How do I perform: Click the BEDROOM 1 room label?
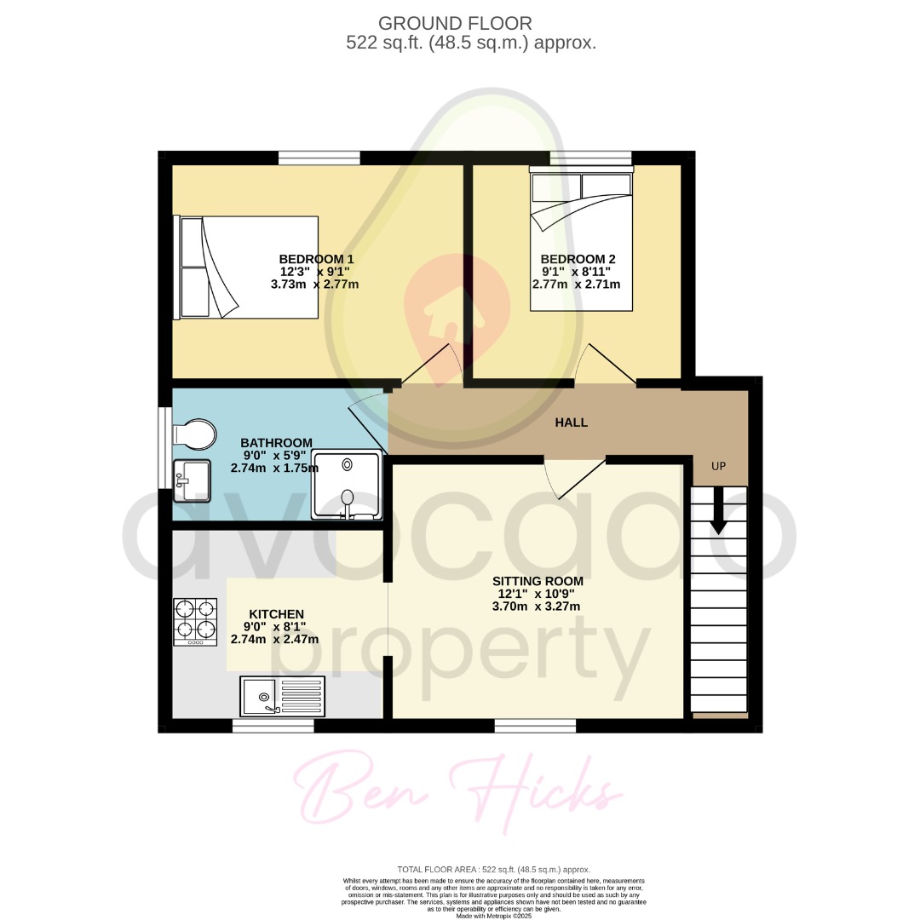316,259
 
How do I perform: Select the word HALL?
572,423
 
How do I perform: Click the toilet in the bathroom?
195,434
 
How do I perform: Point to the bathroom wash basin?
192,479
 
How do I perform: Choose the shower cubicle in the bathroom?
347,485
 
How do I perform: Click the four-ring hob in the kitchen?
195,621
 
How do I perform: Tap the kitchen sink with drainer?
283,696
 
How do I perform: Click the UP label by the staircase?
719,467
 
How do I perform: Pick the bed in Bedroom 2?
581,240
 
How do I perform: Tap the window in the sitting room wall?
535,726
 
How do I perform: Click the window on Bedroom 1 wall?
319,158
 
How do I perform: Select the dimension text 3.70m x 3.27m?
536,607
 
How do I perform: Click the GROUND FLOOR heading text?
455,23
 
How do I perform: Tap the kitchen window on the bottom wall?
273,726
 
